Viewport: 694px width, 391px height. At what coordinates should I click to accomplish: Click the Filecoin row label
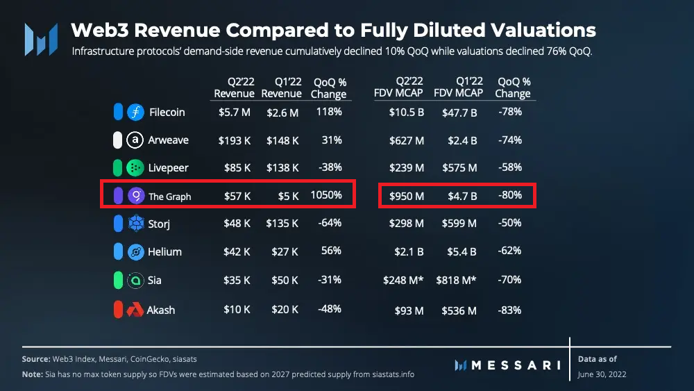pyautogui.click(x=167, y=113)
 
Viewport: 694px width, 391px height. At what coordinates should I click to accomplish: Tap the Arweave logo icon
pyautogui.click(x=135, y=140)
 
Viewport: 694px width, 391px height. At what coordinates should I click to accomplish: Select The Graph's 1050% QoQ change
pyautogui.click(x=326, y=196)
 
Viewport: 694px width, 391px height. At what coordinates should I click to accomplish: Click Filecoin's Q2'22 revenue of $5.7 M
pyautogui.click(x=234, y=113)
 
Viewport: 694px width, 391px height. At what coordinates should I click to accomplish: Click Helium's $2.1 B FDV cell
pyautogui.click(x=409, y=252)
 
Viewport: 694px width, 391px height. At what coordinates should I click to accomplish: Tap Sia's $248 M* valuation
pyautogui.click(x=403, y=281)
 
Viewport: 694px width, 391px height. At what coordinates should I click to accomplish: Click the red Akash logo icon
pyautogui.click(x=135, y=310)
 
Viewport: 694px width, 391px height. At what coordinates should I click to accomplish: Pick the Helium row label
pyautogui.click(x=164, y=252)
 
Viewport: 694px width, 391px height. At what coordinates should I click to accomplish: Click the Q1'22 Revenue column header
pyautogui.click(x=282, y=88)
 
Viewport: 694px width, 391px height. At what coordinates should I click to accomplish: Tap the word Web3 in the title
pyautogui.click(x=103, y=31)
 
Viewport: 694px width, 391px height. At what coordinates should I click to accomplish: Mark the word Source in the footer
pyautogui.click(x=36, y=359)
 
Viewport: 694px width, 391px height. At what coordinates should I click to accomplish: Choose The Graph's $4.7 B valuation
pyautogui.click(x=459, y=196)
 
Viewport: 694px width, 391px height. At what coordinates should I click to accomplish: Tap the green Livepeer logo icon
pyautogui.click(x=135, y=168)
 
